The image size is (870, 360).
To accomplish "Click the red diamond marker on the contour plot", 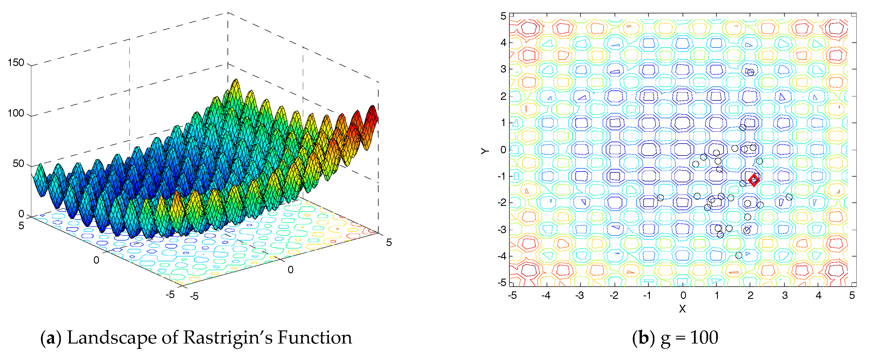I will pyautogui.click(x=754, y=180).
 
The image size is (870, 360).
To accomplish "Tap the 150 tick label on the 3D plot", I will pyautogui.click(x=16, y=63).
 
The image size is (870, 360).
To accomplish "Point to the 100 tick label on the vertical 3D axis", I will pyautogui.click(x=16, y=113).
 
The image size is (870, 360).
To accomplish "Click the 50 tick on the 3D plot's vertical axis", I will pyautogui.click(x=18, y=164).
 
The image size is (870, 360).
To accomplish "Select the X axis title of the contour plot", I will pyautogui.click(x=682, y=309).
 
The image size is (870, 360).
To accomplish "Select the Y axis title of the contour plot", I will pyautogui.click(x=485, y=151).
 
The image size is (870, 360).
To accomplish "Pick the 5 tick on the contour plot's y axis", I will pyautogui.click(x=503, y=16).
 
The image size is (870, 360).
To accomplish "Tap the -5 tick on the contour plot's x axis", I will pyautogui.click(x=512, y=295).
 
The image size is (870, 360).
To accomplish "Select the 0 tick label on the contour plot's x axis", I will pyautogui.click(x=683, y=295).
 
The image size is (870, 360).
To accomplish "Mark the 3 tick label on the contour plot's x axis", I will pyautogui.click(x=785, y=295).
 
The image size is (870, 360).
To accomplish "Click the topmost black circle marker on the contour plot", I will pyautogui.click(x=751, y=72).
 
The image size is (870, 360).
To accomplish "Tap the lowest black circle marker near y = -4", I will pyautogui.click(x=739, y=255).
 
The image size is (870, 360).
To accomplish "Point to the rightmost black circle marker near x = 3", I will pyautogui.click(x=789, y=197).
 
